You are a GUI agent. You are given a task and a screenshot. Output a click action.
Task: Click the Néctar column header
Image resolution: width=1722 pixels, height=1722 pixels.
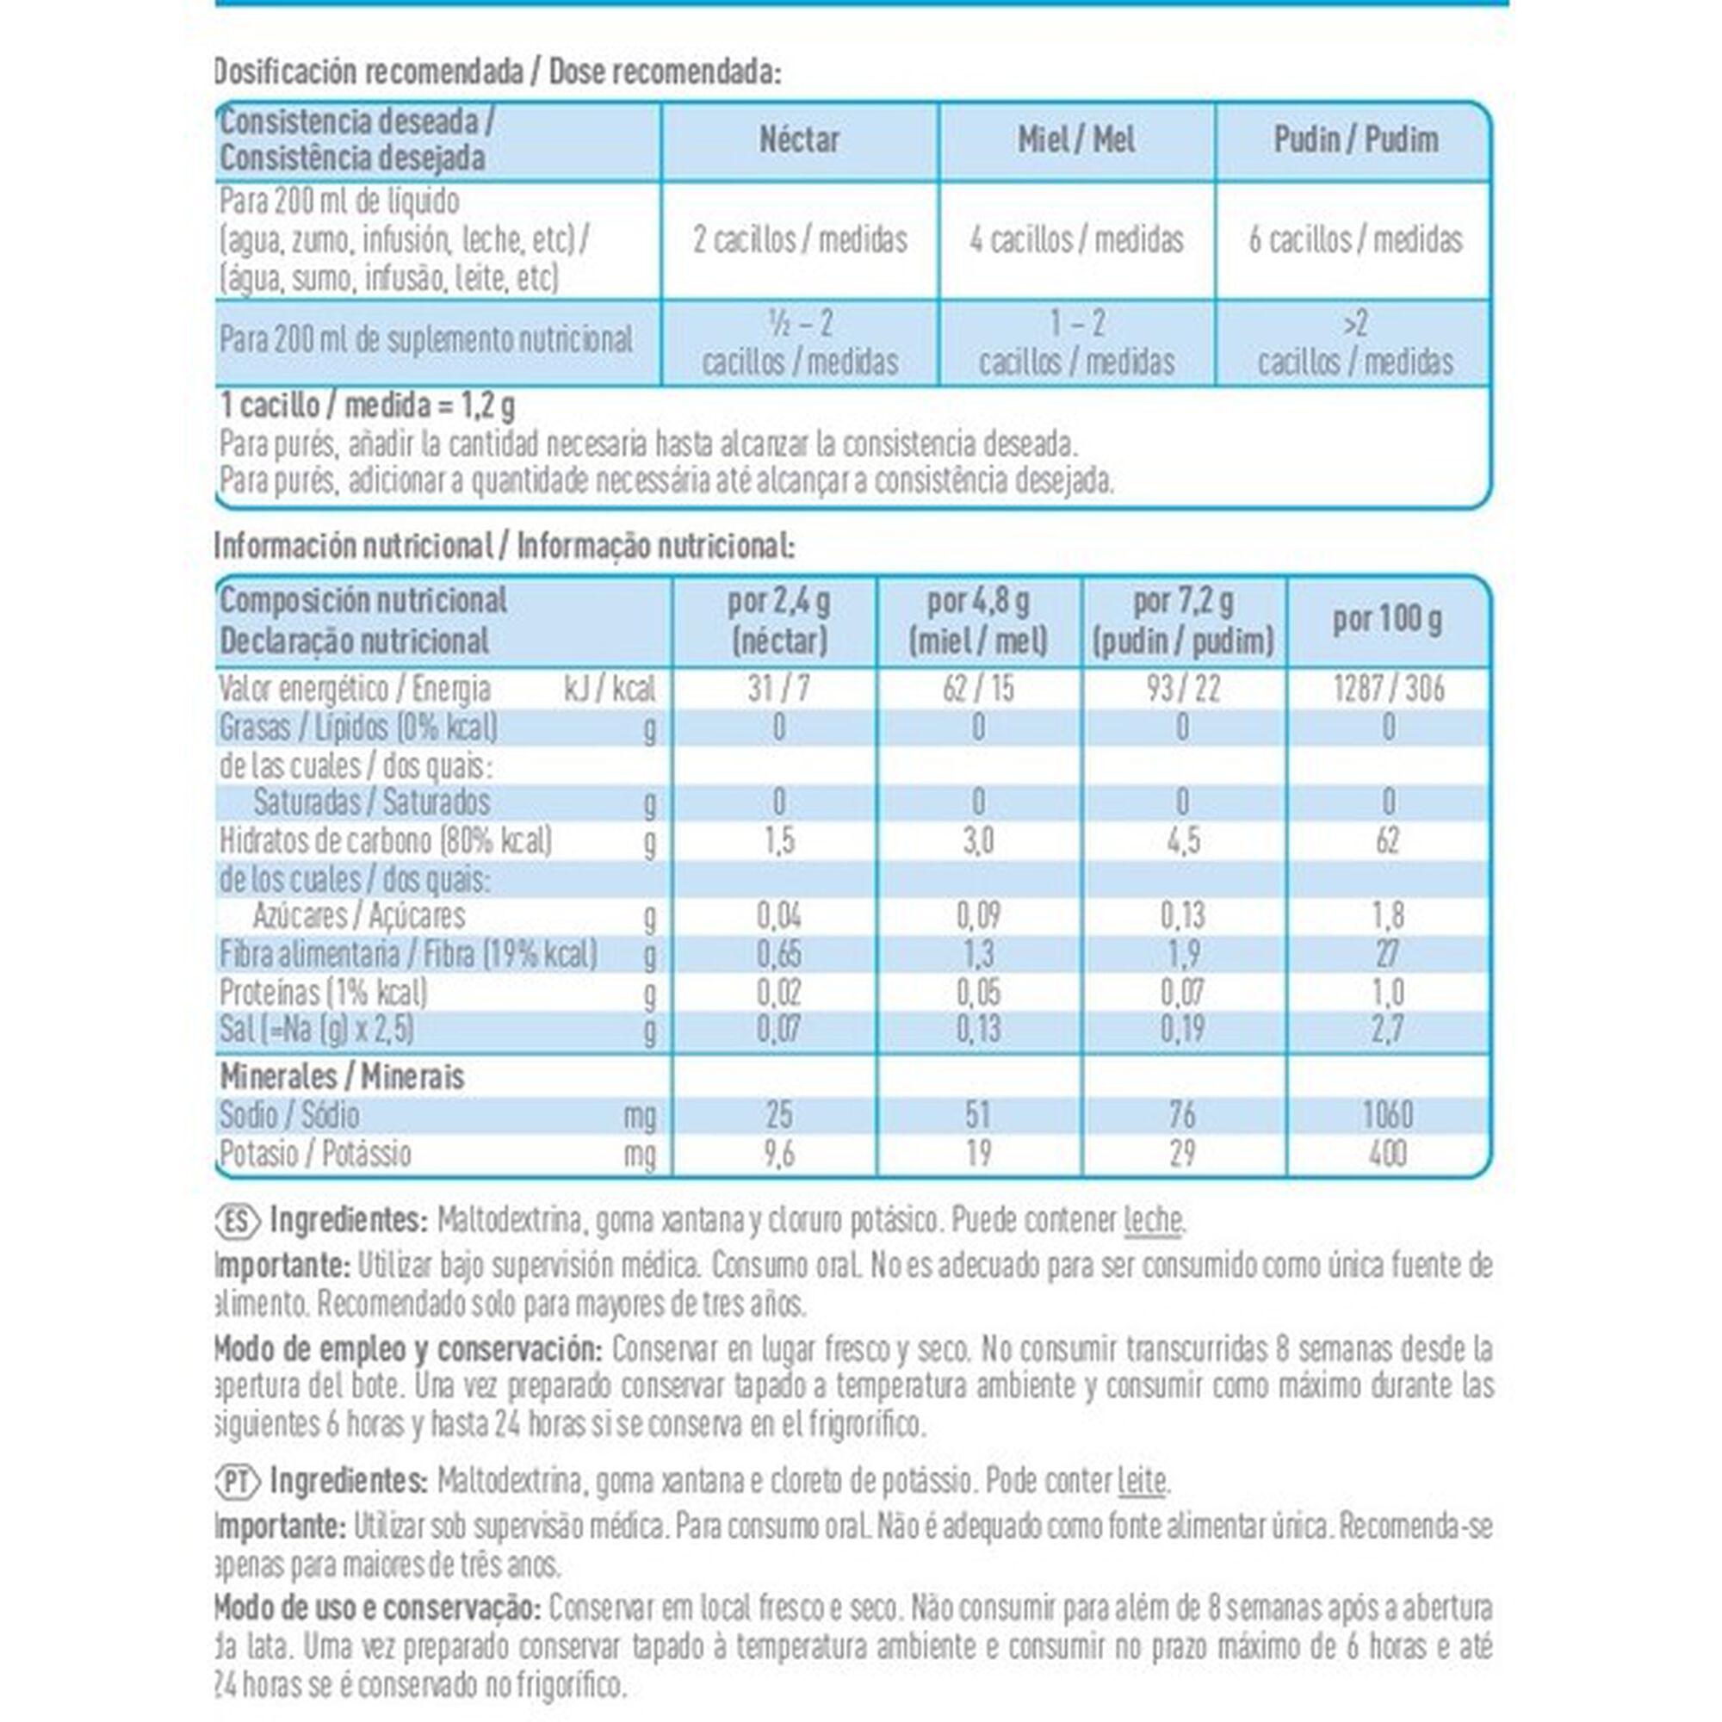pos(799,140)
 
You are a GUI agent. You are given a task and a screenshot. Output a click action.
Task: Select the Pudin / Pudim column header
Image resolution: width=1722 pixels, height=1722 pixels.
pos(1354,140)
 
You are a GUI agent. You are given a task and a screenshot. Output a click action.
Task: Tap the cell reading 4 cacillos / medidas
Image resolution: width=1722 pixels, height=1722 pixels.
pos(1075,239)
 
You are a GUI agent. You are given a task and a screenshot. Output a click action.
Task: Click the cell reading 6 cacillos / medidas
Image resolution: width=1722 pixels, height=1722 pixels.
pos(1354,239)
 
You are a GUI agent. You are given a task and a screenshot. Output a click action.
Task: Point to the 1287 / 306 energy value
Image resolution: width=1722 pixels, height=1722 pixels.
pos(1388,689)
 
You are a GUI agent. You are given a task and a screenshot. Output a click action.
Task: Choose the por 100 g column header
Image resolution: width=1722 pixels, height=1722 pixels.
pos(1387,620)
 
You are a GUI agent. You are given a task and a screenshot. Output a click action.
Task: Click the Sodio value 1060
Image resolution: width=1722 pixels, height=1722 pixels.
pos(1388,1114)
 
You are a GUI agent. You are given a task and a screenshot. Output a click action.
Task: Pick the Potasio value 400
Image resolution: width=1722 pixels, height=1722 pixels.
pos(1388,1154)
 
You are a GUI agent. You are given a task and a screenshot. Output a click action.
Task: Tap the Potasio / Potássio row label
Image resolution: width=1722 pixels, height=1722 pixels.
pos(315,1154)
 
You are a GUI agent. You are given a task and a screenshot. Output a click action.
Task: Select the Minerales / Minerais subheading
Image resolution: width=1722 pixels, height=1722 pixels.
pos(343,1077)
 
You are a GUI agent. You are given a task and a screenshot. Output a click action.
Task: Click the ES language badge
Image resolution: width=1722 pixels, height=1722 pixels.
pos(237,1220)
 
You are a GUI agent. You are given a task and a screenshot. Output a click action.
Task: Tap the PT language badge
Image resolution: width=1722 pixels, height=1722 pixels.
pos(237,1481)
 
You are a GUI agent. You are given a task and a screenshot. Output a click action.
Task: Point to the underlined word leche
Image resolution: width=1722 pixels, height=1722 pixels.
pos(1153,1220)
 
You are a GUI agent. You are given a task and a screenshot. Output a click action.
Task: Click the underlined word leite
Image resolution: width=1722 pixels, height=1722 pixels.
pos(1141,1481)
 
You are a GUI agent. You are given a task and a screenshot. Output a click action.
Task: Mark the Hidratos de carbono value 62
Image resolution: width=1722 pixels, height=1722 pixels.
pos(1388,840)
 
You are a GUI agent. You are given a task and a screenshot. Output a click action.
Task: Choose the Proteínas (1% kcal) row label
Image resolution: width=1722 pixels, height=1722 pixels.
pos(324,992)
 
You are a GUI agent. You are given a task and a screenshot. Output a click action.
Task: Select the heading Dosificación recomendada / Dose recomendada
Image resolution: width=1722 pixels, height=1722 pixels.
pos(498,72)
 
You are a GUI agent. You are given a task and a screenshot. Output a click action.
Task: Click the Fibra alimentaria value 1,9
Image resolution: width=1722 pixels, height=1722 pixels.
pos(1183,955)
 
